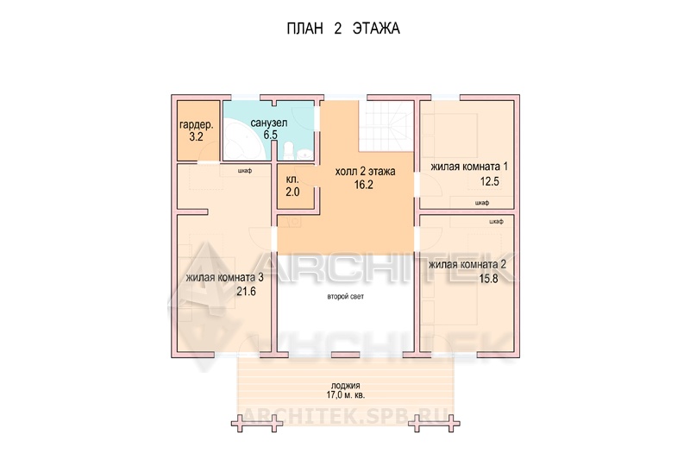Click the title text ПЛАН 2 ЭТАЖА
(343, 28)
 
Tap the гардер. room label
(197, 125)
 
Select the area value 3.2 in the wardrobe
(197, 137)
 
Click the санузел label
(269, 123)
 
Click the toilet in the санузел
(289, 150)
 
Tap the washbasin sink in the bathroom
(304, 154)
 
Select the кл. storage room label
(292, 180)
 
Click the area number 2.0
(292, 192)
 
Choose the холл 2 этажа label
(365, 172)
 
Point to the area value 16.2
(364, 185)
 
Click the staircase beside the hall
(386, 125)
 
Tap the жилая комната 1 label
(469, 167)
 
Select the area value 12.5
(489, 181)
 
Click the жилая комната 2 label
(467, 265)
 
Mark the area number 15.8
(488, 279)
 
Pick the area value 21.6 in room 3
(246, 292)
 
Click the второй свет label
(346, 297)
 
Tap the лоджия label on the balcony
(346, 386)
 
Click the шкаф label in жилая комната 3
(245, 171)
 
